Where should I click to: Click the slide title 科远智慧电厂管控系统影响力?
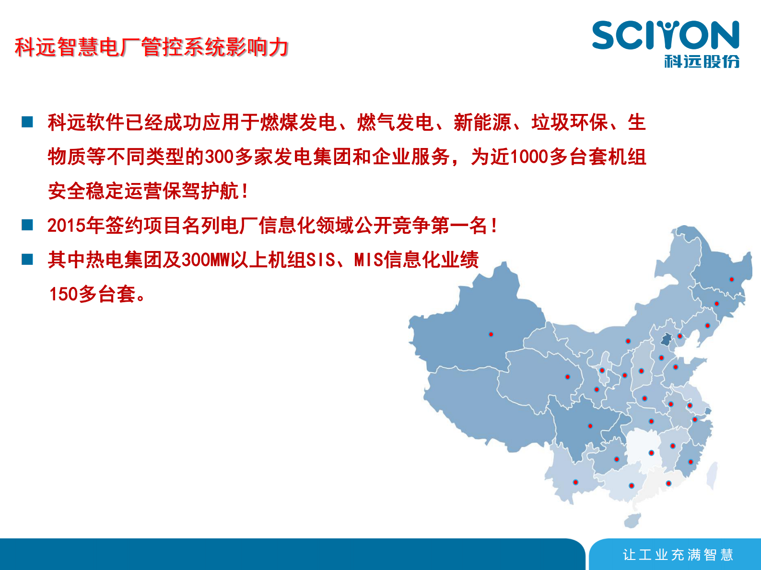152,47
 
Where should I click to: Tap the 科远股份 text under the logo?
702,61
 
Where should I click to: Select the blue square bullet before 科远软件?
27,122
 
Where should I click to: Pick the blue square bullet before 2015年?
27,225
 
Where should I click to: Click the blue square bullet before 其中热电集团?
27,259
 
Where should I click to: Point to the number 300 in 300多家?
219,157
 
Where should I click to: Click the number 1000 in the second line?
528,157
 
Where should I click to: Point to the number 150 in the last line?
63,294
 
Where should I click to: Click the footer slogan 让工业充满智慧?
678,555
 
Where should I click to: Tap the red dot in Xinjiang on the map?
491,334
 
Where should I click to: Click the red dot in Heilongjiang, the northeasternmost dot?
731,279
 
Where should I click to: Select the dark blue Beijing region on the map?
666,340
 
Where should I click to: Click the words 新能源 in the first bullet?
482,123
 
